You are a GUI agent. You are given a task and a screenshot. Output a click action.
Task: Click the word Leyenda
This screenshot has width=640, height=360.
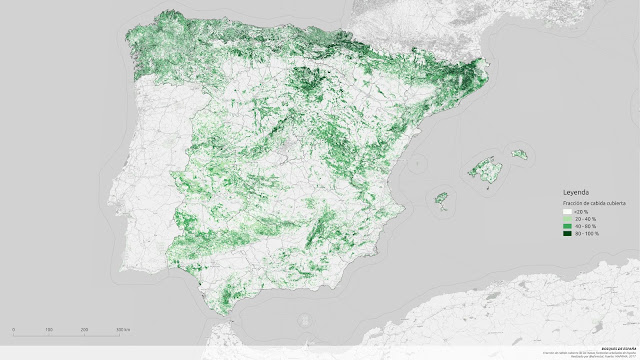[x=576, y=191]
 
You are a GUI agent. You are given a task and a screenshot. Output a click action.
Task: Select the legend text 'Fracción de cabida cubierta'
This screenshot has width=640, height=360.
[x=593, y=202]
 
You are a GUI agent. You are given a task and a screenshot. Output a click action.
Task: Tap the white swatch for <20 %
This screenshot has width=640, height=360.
[x=566, y=212]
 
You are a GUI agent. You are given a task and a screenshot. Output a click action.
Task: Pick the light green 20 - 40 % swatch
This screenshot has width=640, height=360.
[x=566, y=220]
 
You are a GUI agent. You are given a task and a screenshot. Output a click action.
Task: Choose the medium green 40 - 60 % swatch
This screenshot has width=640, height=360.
[x=566, y=227]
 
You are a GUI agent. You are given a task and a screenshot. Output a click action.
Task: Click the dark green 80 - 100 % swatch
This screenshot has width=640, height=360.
[x=566, y=235]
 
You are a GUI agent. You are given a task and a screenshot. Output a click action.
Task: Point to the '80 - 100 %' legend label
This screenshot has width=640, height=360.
[x=586, y=235]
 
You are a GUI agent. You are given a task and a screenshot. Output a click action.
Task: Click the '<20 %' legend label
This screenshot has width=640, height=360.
[x=581, y=212]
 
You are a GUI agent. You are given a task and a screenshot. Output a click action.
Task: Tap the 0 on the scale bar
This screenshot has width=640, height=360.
[x=13, y=330]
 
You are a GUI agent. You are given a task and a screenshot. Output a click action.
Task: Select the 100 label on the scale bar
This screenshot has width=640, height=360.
[x=49, y=330]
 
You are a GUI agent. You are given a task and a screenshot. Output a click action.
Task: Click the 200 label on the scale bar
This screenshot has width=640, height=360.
[x=84, y=330]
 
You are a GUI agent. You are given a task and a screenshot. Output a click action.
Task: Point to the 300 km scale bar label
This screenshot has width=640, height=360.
[x=121, y=330]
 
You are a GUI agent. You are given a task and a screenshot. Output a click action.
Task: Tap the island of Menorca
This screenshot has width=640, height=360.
[x=519, y=154]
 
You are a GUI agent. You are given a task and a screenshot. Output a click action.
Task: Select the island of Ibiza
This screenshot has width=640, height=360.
[x=439, y=197]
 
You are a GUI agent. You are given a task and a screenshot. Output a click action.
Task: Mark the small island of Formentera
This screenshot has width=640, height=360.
[x=443, y=210]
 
